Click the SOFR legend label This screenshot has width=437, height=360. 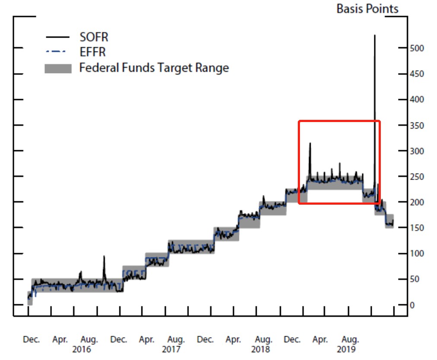point(93,37)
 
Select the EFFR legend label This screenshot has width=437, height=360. point(93,52)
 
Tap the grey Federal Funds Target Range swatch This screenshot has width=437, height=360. point(58,68)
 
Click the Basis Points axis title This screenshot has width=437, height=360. point(367,9)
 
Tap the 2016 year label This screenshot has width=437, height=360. point(82,349)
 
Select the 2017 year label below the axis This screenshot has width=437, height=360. point(172,349)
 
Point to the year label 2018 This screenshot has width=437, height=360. point(261,349)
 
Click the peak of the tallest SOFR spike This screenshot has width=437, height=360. point(374,35)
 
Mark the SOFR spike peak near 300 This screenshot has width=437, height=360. point(309,143)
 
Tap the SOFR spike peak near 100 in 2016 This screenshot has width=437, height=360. point(104,256)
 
